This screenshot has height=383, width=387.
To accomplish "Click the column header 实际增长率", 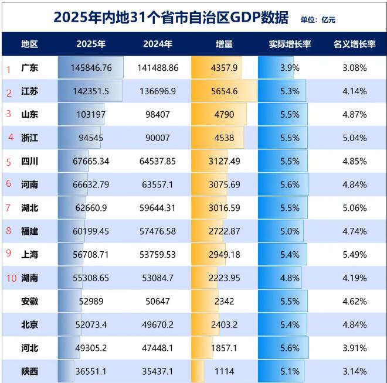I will click(290, 44).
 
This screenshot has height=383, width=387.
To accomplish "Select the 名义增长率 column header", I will click(354, 44).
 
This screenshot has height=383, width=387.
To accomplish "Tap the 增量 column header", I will click(224, 44).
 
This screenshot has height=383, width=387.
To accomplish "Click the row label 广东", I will click(29, 68).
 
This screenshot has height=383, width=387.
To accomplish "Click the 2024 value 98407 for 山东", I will click(157, 114).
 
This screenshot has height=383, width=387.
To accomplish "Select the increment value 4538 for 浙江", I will click(224, 138).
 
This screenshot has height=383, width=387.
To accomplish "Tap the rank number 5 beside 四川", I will click(9, 162).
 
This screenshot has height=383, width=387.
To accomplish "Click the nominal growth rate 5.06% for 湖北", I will click(354, 208).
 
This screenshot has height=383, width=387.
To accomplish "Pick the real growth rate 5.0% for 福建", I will click(290, 231).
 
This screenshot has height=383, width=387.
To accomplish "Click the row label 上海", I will click(29, 255).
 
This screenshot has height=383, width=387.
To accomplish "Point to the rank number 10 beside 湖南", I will click(11, 278).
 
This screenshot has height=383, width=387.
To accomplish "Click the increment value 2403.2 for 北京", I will click(224, 324).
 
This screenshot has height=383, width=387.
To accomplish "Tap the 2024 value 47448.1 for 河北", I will click(157, 348).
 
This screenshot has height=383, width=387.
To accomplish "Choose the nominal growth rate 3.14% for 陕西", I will click(354, 371).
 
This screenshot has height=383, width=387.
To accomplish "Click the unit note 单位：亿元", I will click(318, 19).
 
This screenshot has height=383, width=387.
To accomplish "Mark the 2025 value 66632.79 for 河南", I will click(91, 184).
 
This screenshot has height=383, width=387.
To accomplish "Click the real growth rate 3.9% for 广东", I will click(290, 68).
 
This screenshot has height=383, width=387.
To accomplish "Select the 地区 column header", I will click(29, 44).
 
